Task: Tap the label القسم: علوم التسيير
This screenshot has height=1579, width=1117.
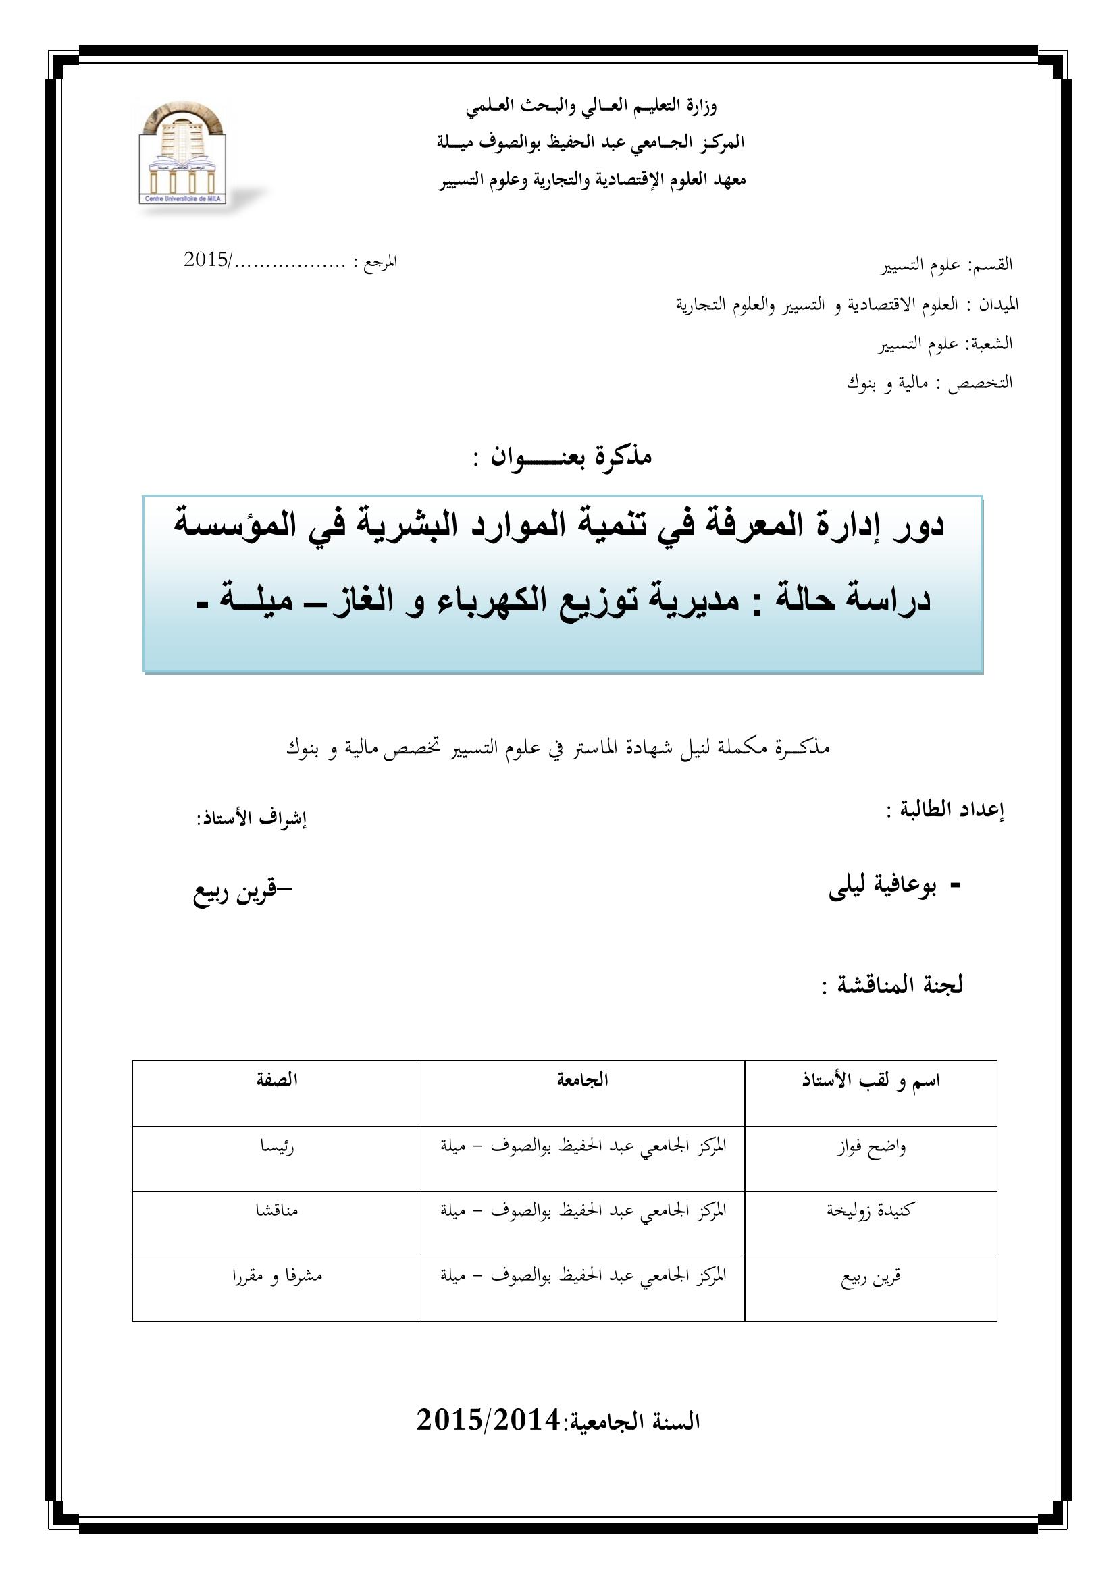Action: (947, 265)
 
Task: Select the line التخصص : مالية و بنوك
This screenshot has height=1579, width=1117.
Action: (929, 383)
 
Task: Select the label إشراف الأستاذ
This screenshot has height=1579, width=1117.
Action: (251, 820)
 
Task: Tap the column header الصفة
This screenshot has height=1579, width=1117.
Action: (276, 1079)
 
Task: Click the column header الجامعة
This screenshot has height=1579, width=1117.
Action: (583, 1079)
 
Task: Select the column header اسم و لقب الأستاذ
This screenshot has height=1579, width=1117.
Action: (870, 1080)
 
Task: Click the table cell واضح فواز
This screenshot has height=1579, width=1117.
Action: (871, 1148)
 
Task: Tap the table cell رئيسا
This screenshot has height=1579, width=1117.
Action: (276, 1147)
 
